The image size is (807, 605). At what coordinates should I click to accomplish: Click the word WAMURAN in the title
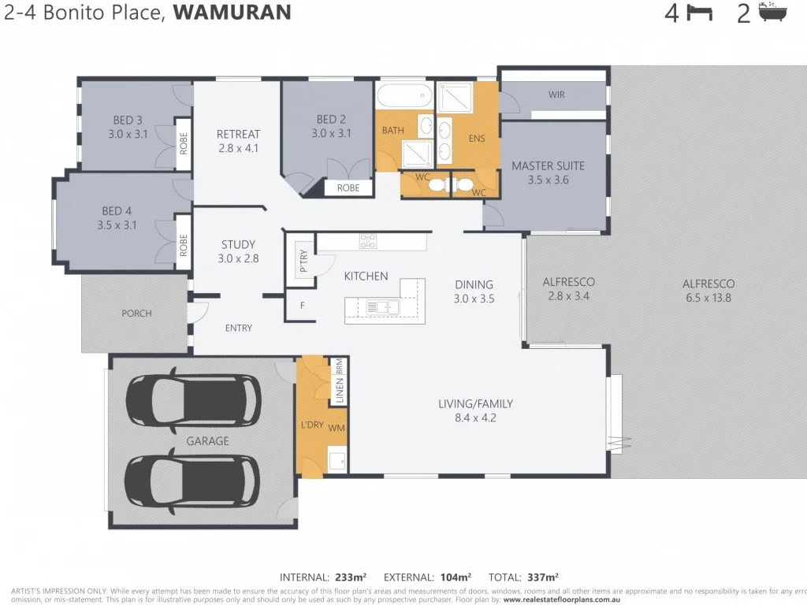pos(232,13)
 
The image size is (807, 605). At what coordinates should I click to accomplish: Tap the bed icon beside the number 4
pos(699,13)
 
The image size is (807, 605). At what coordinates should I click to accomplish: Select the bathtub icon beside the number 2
pos(772,13)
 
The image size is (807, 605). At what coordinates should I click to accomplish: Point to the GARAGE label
pos(208,441)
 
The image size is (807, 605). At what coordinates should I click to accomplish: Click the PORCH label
pos(136,314)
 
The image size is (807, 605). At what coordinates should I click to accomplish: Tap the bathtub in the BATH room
pos(404,98)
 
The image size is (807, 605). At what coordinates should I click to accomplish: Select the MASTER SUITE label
pos(549,166)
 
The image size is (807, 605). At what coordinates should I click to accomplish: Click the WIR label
pos(556,95)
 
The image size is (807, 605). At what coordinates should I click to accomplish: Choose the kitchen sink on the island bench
pos(377,307)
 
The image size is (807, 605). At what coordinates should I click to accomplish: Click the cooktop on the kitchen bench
pos(368,242)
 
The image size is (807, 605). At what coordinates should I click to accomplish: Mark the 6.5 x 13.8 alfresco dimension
pos(708,298)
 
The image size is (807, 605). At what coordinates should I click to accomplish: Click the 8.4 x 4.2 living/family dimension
pos(475,418)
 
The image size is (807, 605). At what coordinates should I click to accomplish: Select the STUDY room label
pos(238,245)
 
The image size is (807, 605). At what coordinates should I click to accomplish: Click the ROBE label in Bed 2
pos(348,188)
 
